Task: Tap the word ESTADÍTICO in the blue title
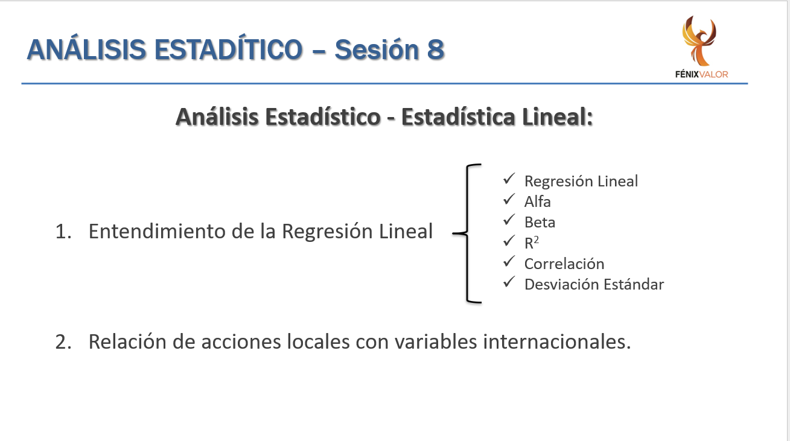(x=229, y=49)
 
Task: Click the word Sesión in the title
(x=377, y=49)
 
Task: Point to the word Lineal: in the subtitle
(x=557, y=117)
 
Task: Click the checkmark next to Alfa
(x=509, y=199)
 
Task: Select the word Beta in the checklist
(x=540, y=223)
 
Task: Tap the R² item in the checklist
(x=532, y=243)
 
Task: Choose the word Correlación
(x=564, y=264)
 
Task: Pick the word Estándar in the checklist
(x=634, y=285)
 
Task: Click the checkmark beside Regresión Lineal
(x=509, y=179)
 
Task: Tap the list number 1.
(x=63, y=232)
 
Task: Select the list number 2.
(x=63, y=342)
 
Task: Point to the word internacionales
(x=556, y=341)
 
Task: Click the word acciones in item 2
(x=241, y=342)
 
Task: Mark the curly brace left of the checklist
(x=468, y=233)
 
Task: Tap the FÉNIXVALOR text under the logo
(x=701, y=74)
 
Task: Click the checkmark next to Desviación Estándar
(x=509, y=282)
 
